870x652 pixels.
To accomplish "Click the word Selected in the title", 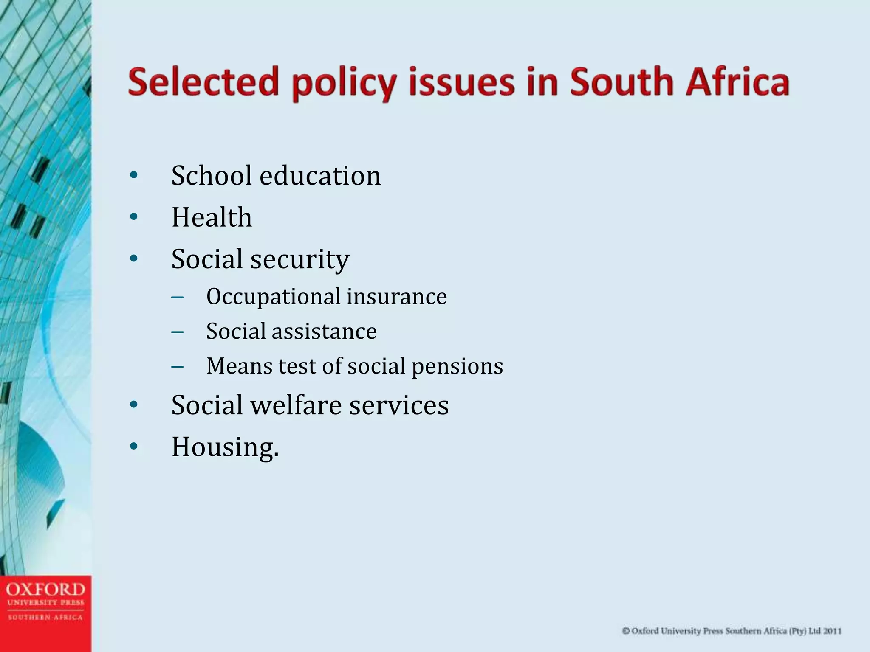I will pos(203,82).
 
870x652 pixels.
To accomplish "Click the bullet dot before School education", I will pos(134,175).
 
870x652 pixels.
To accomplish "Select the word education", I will pos(320,175).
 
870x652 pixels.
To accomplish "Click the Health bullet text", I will pos(212,217).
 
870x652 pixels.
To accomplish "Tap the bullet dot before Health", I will pos(134,217).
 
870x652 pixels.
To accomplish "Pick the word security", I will pos(299,259).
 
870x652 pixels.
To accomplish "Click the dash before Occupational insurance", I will pos(178,297).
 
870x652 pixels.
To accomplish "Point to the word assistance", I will pos(324,331).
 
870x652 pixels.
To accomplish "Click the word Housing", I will pos(225,447).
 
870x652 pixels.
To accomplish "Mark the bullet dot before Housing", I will pos(134,447).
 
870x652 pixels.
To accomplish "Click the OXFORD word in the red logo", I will pos(45,589).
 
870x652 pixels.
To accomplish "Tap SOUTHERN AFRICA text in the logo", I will pos(45,617).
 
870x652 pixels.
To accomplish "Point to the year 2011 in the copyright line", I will pos(833,631).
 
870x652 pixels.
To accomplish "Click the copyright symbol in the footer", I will pos(626,631).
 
